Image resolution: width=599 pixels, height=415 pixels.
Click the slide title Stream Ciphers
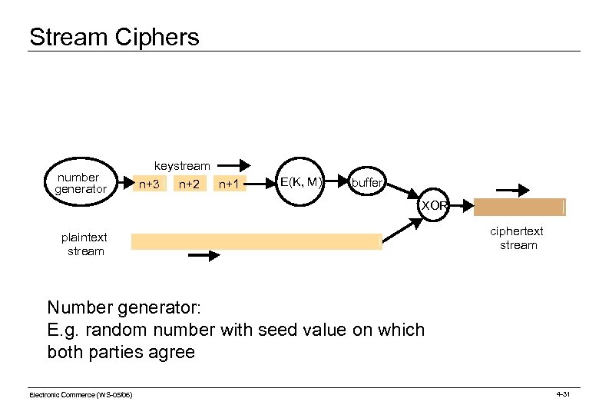(114, 37)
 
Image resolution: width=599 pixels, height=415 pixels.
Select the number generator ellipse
(81, 183)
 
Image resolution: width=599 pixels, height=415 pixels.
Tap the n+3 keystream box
(148, 184)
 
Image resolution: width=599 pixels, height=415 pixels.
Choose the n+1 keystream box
(230, 184)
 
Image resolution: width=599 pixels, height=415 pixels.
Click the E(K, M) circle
(300, 182)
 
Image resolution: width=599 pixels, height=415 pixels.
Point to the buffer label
(367, 184)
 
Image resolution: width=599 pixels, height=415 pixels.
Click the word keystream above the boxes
(182, 166)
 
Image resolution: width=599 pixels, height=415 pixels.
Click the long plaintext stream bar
(256, 241)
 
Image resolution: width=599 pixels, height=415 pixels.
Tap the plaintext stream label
(84, 244)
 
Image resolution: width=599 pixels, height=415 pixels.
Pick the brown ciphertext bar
(519, 207)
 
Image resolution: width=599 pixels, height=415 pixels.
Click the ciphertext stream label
(518, 238)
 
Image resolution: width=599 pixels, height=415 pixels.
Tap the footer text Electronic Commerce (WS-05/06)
(81, 394)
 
